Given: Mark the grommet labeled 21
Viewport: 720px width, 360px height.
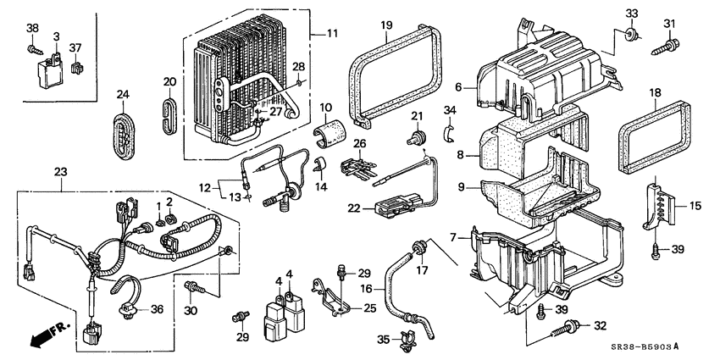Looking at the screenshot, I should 418,138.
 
